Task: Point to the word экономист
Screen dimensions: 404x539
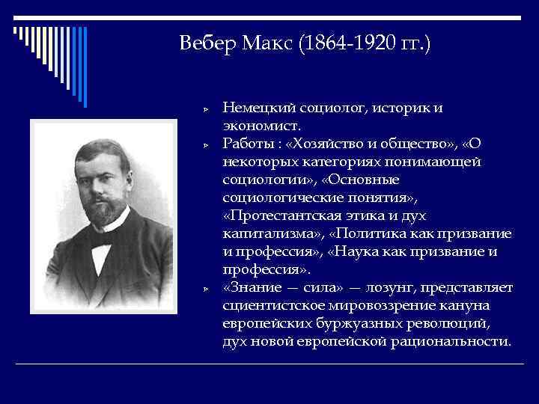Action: click(x=260, y=126)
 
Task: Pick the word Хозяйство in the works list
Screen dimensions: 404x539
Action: click(x=328, y=144)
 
